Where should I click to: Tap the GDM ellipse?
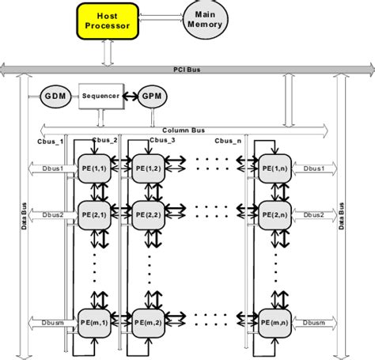click(55, 97)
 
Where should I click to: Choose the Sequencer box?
click(100, 97)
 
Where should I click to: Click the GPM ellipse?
click(150, 97)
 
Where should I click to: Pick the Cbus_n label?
click(230, 140)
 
